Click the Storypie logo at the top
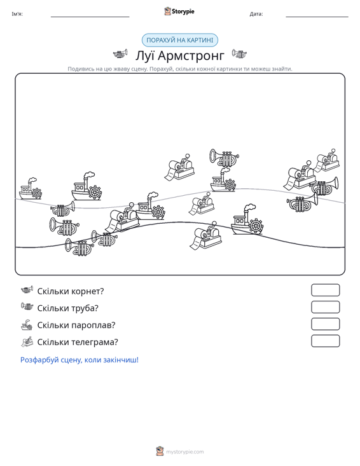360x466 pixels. pos(179,11)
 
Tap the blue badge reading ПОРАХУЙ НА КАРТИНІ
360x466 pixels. pos(179,40)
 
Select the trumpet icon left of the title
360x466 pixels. pos(120,54)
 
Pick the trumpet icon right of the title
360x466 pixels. pos(239,54)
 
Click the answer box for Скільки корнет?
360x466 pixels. pos(325,290)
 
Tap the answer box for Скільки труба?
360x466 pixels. pos(325,307)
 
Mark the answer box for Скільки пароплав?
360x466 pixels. pos(325,324)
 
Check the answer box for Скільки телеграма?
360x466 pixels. pos(325,341)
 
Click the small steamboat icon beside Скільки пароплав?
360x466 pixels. pos(27,324)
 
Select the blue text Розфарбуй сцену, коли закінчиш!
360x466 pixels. pos(80,360)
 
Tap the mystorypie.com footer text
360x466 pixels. pos(184,452)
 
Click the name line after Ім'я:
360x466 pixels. pos(90,17)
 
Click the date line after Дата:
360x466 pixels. pos(317,17)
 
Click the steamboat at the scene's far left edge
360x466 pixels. pos(30,189)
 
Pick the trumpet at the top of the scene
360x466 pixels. pos(224,157)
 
